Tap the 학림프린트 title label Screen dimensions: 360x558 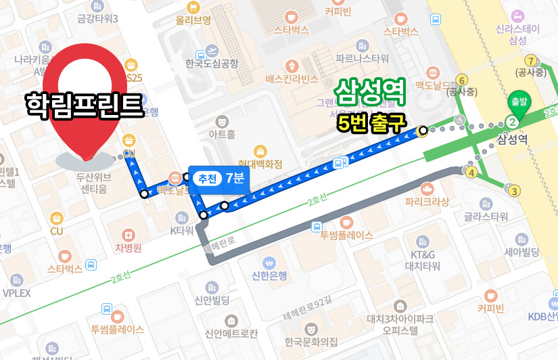click(x=85, y=104)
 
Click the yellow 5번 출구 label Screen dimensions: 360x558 click(x=371, y=122)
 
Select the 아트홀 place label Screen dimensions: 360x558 click(x=222, y=135)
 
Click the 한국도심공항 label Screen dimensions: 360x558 click(x=212, y=64)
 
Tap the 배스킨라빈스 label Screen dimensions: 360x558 click(x=292, y=79)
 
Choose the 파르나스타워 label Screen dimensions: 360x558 click(x=362, y=58)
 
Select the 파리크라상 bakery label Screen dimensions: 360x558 click(x=427, y=201)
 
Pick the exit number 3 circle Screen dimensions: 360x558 click(x=515, y=192)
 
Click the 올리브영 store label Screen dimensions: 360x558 click(x=193, y=20)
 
